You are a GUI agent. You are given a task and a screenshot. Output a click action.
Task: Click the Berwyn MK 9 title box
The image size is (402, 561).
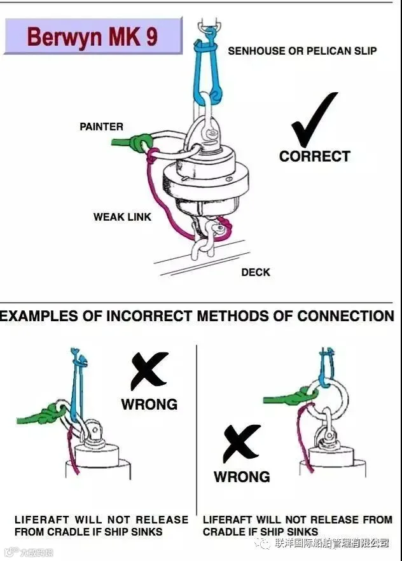click(93, 36)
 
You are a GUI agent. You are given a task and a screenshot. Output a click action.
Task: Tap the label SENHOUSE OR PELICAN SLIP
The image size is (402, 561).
click(302, 50)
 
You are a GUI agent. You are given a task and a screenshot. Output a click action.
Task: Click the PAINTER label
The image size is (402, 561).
click(101, 127)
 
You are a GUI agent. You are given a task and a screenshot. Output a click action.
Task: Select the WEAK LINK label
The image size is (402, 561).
click(122, 217)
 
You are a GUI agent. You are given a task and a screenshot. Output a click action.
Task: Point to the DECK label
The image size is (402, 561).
click(256, 272)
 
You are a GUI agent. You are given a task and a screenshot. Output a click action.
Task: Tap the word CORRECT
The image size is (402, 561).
click(314, 156)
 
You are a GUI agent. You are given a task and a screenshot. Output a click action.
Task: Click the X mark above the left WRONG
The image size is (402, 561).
click(149, 371)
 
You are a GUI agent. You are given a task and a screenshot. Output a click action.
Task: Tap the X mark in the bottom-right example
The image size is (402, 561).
click(241, 443)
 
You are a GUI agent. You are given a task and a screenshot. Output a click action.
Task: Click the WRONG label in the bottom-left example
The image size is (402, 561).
click(149, 404)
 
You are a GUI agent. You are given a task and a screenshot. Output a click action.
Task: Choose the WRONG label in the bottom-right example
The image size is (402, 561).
click(242, 476)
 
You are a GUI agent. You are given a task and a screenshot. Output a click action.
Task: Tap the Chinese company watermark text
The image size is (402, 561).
click(331, 543)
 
